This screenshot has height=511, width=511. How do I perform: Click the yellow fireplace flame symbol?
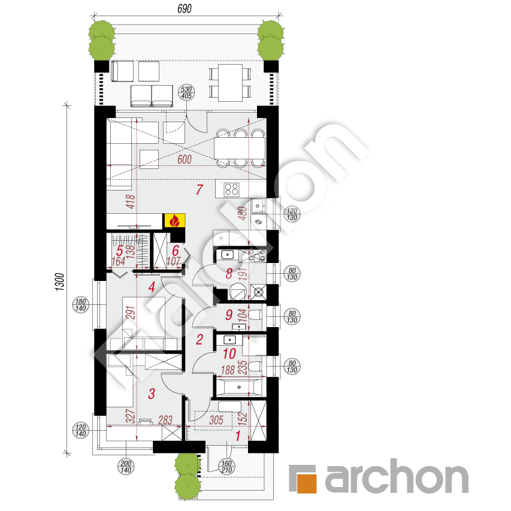click(x=174, y=220)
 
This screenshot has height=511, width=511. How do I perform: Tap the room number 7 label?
click(x=200, y=191)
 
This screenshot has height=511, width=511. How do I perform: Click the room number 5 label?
click(x=120, y=250)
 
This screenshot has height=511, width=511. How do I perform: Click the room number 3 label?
click(x=151, y=394)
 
